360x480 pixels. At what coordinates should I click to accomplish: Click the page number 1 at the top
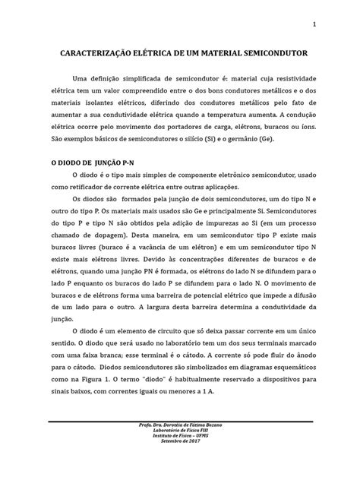[x=313, y=26]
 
